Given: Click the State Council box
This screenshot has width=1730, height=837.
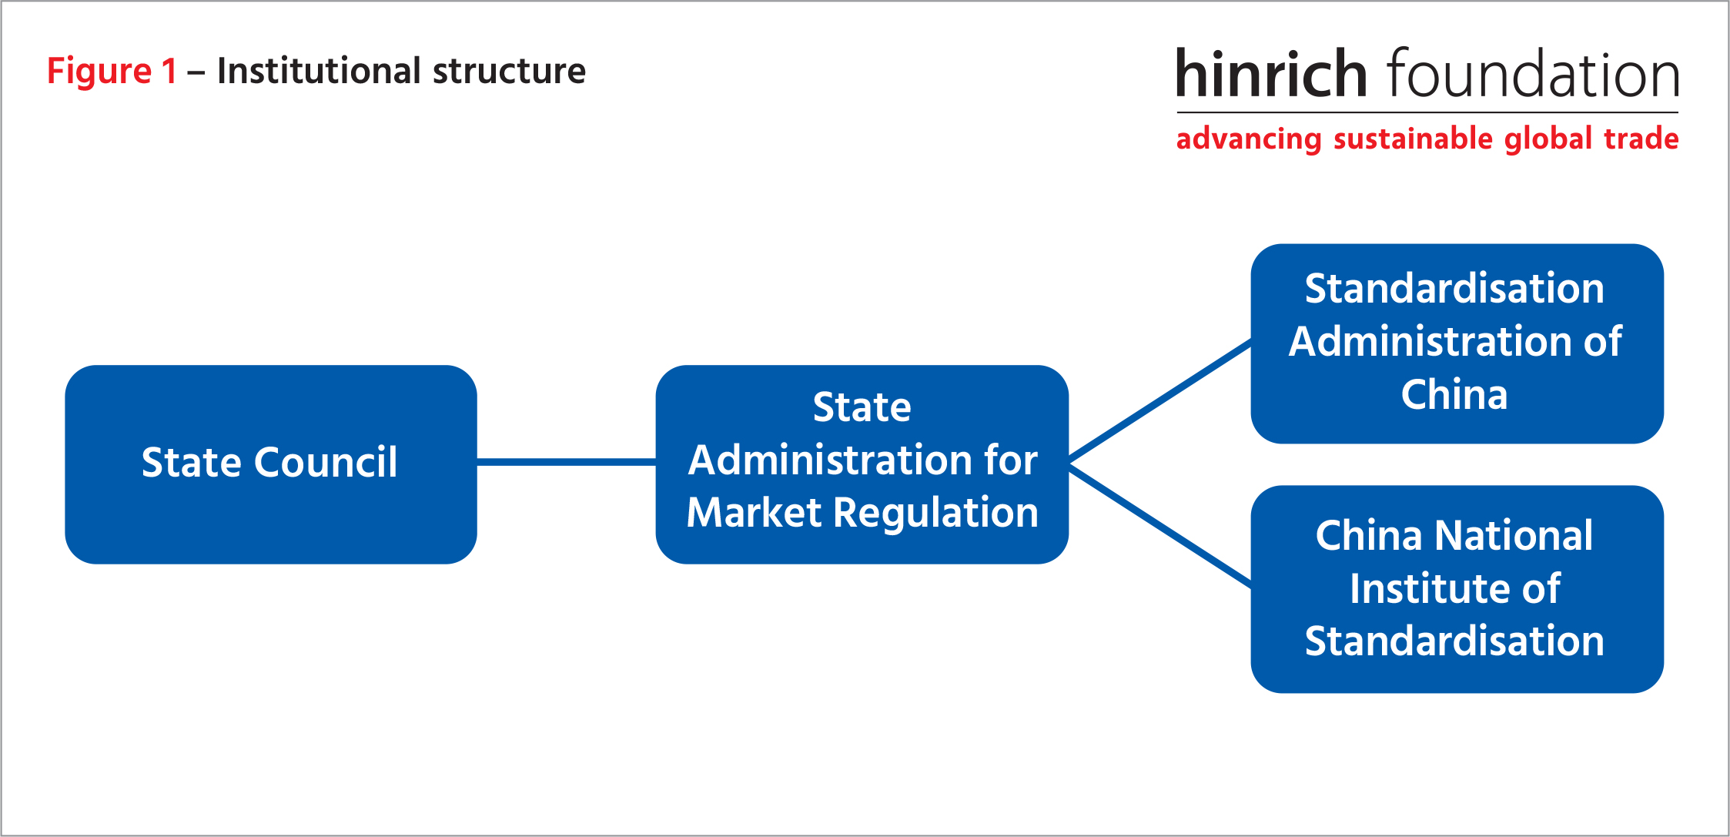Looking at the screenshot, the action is pos(271,464).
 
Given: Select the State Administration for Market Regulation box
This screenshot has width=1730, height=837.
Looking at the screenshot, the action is pos(862,464).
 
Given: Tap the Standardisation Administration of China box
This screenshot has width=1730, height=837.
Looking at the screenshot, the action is pos(1457,343).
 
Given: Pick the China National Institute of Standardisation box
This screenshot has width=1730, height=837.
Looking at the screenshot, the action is pos(1457,589).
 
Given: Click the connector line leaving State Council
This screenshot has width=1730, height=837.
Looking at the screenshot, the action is pos(567,462).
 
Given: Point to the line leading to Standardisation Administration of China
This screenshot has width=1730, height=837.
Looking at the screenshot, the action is pos(1160,400).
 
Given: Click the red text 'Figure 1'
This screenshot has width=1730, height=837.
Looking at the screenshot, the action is pos(112,72).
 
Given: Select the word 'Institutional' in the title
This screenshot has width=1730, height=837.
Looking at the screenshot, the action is pos(319,71).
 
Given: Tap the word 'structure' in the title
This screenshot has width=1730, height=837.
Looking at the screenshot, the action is pos(509,71).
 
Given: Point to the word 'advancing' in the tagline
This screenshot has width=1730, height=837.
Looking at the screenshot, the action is pos(1249,139).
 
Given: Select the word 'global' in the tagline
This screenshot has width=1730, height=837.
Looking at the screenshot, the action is pos(1548,139).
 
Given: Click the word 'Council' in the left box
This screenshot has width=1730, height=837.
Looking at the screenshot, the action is pos(326,463).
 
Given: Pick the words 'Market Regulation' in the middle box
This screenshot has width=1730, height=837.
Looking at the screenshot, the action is pos(862,513).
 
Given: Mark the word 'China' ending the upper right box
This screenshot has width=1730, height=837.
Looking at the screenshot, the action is pos(1454,395).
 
